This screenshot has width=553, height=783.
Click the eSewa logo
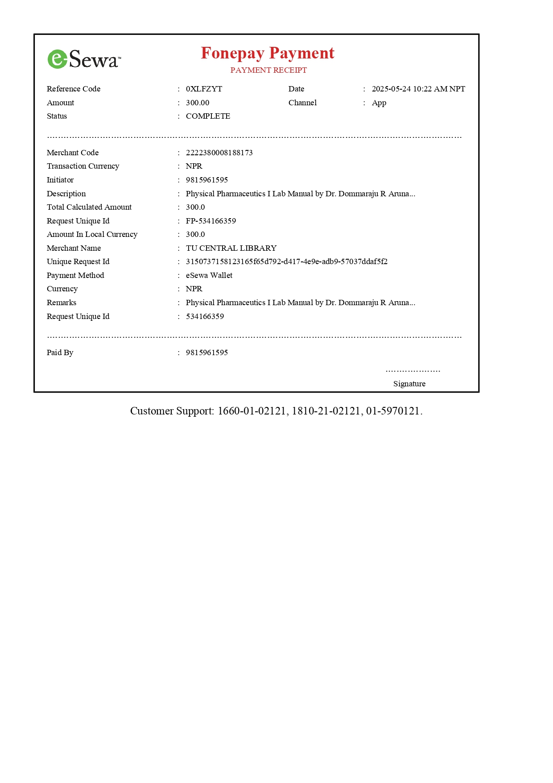click(84, 59)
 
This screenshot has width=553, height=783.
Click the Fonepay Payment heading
click(267, 53)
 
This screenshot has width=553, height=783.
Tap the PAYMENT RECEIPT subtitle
click(268, 70)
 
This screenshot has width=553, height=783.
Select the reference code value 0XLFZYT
click(204, 89)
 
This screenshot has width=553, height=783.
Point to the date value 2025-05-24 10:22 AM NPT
click(418, 89)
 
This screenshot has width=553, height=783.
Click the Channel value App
click(379, 103)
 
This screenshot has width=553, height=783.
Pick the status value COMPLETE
click(208, 116)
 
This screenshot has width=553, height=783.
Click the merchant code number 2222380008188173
click(219, 153)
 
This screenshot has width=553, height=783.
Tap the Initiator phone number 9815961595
click(206, 180)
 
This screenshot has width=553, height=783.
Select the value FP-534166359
click(210, 221)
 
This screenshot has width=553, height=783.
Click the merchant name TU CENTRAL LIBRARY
click(231, 248)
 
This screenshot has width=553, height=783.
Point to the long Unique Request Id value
click(286, 261)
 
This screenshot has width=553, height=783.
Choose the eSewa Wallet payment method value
click(209, 275)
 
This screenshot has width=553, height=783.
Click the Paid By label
click(60, 352)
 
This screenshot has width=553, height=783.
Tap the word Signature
click(409, 384)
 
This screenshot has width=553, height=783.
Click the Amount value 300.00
click(197, 103)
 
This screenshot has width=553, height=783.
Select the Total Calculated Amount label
click(89, 207)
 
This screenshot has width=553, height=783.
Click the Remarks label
click(62, 302)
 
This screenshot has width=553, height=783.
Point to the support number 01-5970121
click(392, 411)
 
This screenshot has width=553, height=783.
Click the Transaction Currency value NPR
click(194, 166)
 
